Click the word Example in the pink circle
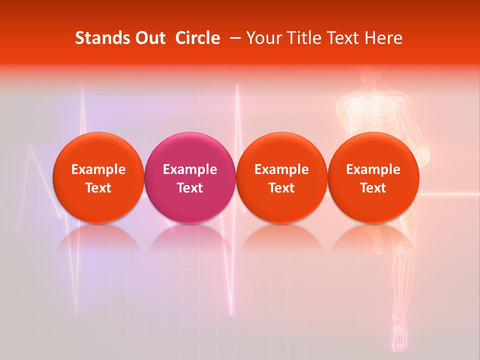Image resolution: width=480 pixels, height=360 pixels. pos(190,169)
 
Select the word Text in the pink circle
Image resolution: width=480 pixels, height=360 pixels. pos(190,188)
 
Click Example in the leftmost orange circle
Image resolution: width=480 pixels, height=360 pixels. pos(98,169)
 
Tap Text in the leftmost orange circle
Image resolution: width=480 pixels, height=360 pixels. pos(98,188)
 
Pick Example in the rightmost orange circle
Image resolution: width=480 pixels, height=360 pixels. pos(373,169)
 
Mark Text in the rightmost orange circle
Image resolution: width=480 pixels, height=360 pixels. pos(373,188)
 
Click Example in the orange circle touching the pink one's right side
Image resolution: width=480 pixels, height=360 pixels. pos(281,169)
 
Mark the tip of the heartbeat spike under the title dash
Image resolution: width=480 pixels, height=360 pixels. pos(237,85)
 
